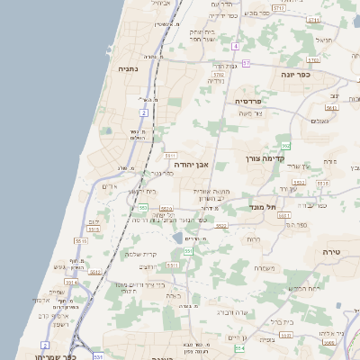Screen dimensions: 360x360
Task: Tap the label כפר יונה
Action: pyautogui.click(x=295, y=75)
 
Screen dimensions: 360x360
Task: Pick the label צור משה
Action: pyautogui.click(x=252, y=113)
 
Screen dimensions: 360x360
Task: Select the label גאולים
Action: pyautogui.click(x=319, y=121)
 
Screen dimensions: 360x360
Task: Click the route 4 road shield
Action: pyautogui.click(x=235, y=45)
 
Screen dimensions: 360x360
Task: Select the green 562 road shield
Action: pyautogui.click(x=285, y=145)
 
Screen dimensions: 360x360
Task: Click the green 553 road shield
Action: pyautogui.click(x=142, y=208)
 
